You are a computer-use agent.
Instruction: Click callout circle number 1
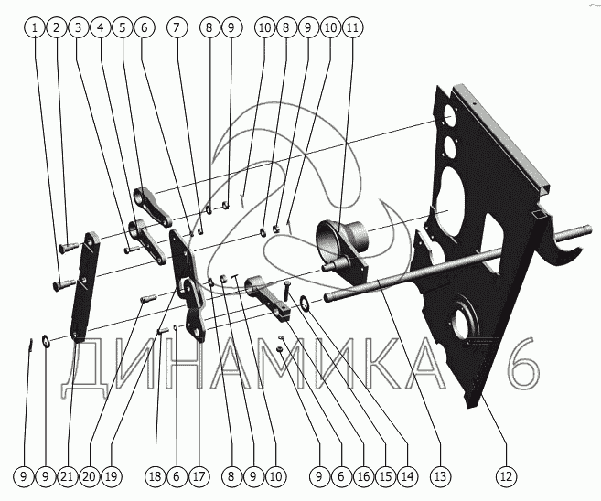[36, 28]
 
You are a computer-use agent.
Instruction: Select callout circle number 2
[58, 28]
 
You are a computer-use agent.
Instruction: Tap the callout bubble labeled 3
[80, 28]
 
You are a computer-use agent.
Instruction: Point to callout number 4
[101, 28]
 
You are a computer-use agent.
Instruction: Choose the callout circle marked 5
[122, 28]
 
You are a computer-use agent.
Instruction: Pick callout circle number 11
[352, 28]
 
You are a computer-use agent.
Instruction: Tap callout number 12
[506, 475]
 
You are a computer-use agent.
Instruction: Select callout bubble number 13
[442, 475]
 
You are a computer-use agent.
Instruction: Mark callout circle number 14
[406, 475]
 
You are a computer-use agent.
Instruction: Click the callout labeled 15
[383, 475]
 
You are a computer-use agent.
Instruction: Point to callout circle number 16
[361, 475]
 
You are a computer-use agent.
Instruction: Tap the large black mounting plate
[485, 274]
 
